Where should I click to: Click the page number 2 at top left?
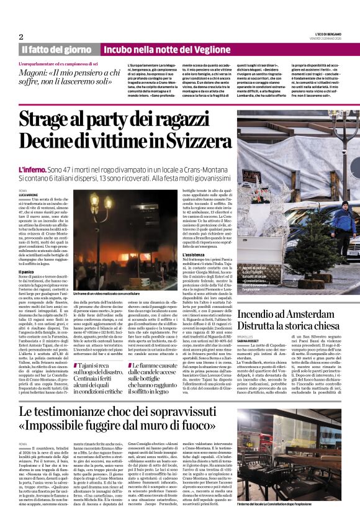coord(20,37)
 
